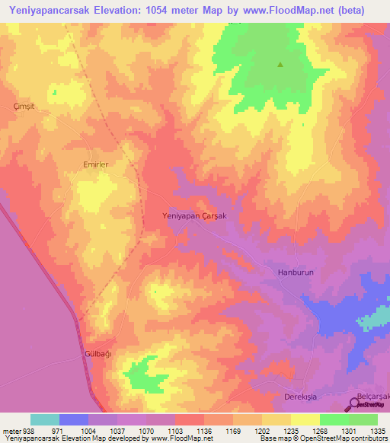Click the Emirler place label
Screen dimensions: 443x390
[96, 164]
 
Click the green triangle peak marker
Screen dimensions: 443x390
[280, 65]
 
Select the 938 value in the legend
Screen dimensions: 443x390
[27, 430]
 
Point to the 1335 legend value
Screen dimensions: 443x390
[377, 430]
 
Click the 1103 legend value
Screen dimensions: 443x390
[174, 430]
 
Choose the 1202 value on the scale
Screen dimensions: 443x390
[261, 430]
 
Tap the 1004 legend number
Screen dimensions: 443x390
[88, 430]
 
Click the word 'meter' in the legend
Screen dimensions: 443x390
[9, 430]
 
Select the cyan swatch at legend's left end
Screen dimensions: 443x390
[45, 419]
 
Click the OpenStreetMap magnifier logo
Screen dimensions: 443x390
[355, 404]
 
